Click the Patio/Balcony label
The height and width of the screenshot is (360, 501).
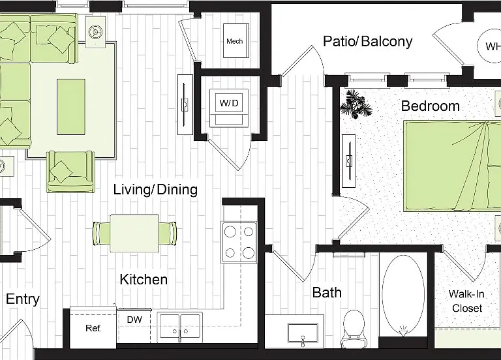tap(367, 42)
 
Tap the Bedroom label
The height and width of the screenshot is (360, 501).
tap(431, 106)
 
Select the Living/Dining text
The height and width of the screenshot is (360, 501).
tap(156, 189)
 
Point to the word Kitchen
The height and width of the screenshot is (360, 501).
tap(144, 280)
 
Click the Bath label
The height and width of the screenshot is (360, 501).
tap(327, 292)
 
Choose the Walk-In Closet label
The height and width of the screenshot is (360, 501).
tap(467, 301)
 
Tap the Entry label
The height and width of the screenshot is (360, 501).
tap(23, 299)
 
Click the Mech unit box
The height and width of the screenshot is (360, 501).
tap(235, 40)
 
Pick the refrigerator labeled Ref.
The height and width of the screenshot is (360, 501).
tap(93, 328)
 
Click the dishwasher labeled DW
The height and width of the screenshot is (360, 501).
tap(134, 325)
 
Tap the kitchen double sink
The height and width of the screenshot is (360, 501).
tap(181, 326)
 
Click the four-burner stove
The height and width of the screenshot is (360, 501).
tap(239, 243)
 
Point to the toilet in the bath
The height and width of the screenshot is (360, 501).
tap(353, 329)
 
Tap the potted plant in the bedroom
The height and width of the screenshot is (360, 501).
tap(356, 104)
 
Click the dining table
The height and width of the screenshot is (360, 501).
tap(134, 233)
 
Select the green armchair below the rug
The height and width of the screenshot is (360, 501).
tap(70, 172)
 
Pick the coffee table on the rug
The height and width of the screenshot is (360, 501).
tap(71, 107)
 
